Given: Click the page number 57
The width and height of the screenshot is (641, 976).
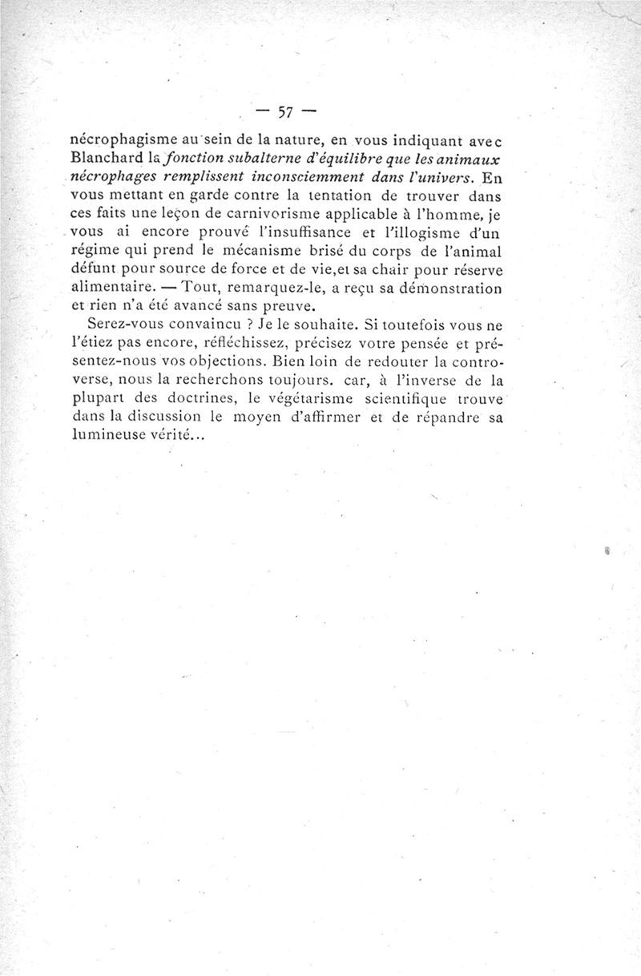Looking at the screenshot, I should tap(286, 111).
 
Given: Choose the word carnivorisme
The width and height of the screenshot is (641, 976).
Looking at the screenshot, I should tap(261, 214).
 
